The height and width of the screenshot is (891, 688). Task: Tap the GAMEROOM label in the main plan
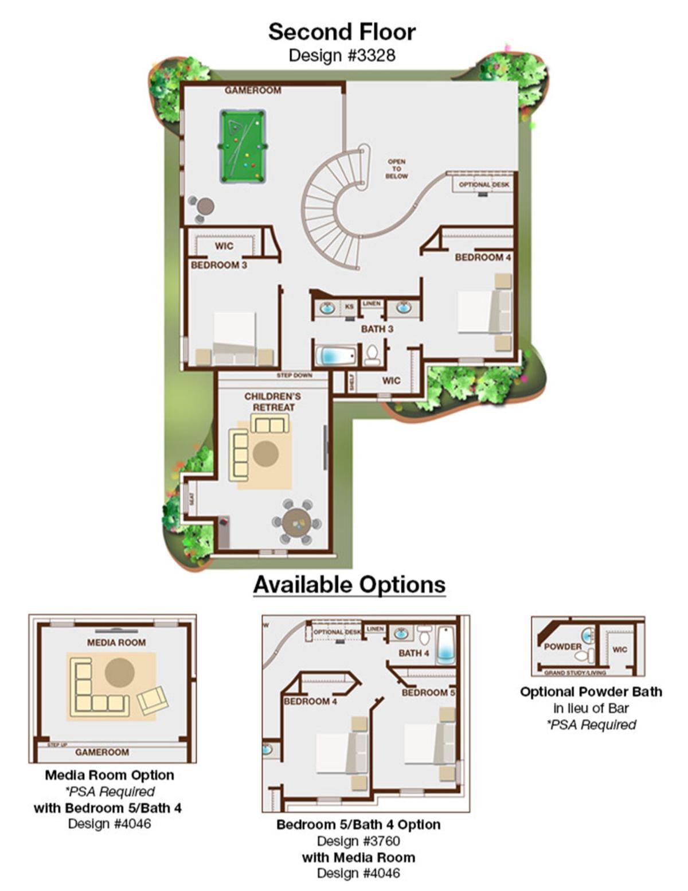[253, 90]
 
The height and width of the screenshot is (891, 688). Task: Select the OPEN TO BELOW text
[397, 169]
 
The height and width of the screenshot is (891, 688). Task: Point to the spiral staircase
[336, 208]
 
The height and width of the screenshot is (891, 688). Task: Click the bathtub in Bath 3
[337, 356]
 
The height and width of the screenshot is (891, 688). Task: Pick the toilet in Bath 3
[372, 355]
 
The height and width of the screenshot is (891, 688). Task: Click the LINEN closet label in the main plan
[372, 304]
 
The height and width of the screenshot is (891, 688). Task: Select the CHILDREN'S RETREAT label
[273, 402]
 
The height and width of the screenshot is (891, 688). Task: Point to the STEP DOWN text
[294, 375]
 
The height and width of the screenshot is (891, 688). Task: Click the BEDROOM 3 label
[219, 265]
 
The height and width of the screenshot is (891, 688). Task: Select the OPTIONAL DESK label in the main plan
[484, 185]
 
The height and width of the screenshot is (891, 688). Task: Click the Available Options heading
[350, 585]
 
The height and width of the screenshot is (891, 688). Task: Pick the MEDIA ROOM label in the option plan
[116, 643]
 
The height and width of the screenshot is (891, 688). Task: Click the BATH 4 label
[414, 653]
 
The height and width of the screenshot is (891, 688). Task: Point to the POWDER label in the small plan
[562, 647]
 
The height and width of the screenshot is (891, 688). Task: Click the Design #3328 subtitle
[342, 55]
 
